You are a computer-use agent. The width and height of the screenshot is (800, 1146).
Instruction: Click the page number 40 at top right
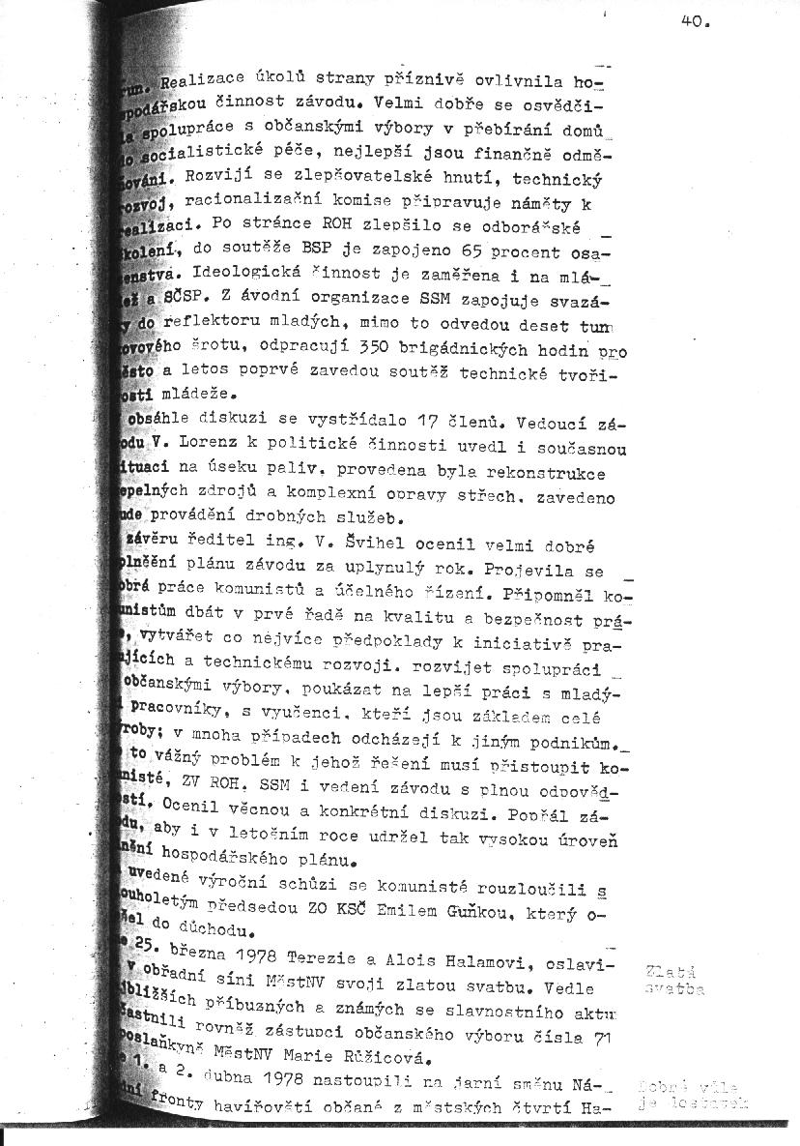[x=695, y=26]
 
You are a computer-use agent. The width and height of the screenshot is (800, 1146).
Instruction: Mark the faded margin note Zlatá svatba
[x=673, y=979]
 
